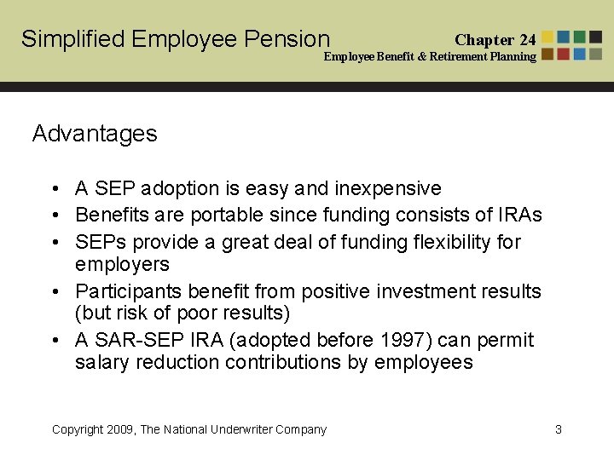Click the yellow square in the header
coord(547,37)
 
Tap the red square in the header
coord(564,54)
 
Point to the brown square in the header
coord(547,54)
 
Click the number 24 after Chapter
coord(527,40)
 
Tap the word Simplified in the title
coord(73,39)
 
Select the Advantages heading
coord(95,134)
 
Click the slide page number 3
coord(559,429)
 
